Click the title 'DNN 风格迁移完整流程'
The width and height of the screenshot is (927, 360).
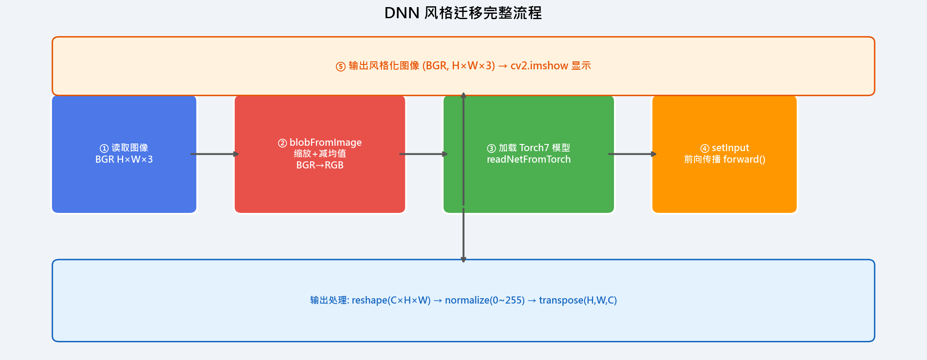pyautogui.click(x=463, y=13)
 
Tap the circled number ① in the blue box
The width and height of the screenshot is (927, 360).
pyautogui.click(x=104, y=148)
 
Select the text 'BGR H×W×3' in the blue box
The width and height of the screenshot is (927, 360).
pyautogui.click(x=124, y=160)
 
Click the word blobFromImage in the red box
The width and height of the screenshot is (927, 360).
pyautogui.click(x=325, y=143)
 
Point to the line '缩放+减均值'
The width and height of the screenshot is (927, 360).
pyautogui.click(x=320, y=154)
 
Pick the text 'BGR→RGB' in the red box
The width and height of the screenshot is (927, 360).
pyautogui.click(x=320, y=165)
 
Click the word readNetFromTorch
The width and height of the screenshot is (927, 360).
pyautogui.click(x=529, y=160)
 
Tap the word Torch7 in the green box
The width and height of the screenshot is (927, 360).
pyautogui.click(x=534, y=148)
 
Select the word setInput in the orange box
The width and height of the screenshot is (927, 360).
pyautogui.click(x=730, y=148)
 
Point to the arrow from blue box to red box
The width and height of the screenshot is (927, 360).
pyautogui.click(x=215, y=154)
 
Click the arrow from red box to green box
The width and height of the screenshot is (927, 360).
pyautogui.click(x=424, y=154)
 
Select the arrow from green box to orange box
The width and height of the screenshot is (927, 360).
pyautogui.click(x=632, y=154)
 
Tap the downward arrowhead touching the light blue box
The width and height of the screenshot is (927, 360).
pyautogui.click(x=463, y=260)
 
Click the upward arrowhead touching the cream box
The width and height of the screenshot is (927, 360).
pyautogui.click(x=463, y=95)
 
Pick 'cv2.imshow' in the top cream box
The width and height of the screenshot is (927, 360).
pyautogui.click(x=539, y=66)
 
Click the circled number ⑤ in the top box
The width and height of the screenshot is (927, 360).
pyautogui.click(x=341, y=67)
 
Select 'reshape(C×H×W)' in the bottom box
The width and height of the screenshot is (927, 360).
pyautogui.click(x=391, y=300)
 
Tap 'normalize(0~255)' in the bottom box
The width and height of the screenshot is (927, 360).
pyautogui.click(x=485, y=300)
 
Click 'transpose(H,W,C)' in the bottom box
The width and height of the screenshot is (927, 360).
pyautogui.click(x=578, y=300)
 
